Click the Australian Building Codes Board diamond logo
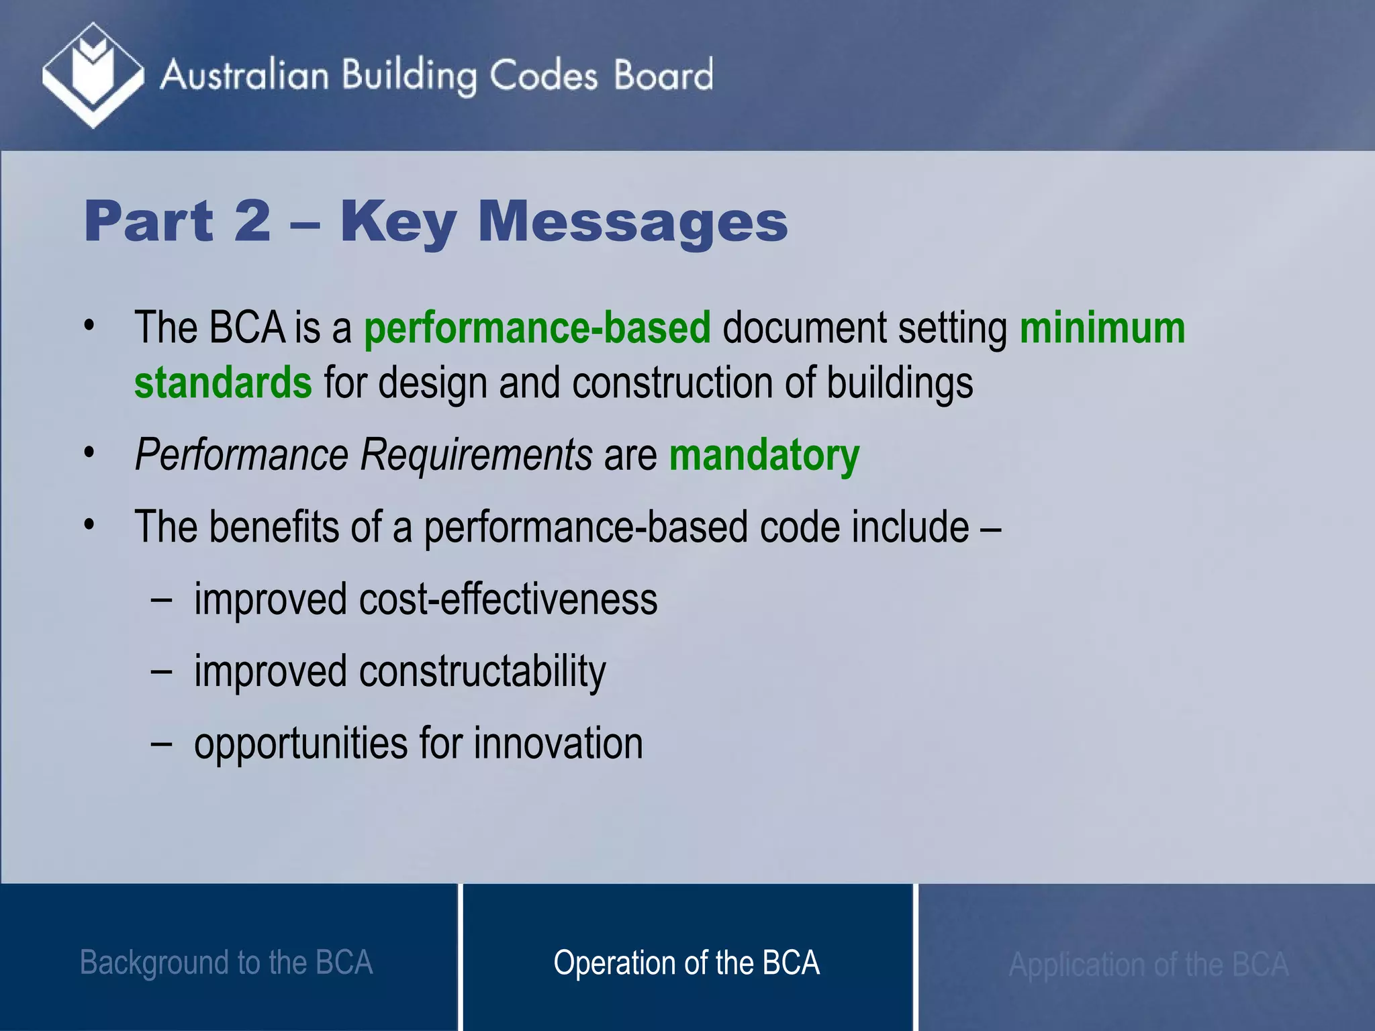[93, 75]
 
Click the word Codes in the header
[542, 75]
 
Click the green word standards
[223, 383]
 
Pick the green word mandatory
[764, 455]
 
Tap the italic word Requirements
[476, 455]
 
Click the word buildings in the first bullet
[900, 383]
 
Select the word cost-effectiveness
[508, 599]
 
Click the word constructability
[482, 671]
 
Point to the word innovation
[558, 744]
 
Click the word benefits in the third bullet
[274, 527]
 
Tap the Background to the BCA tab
[226, 963]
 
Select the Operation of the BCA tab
[686, 963]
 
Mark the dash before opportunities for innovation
[161, 743]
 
